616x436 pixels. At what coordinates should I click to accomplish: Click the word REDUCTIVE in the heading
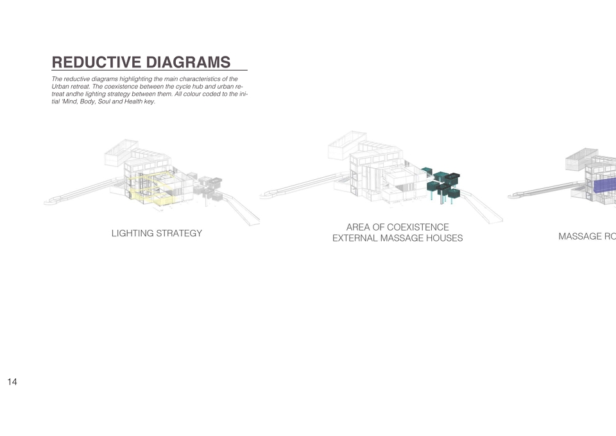coord(97,62)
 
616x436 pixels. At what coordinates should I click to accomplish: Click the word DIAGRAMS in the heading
coord(188,62)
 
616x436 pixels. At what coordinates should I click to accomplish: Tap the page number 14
coord(12,382)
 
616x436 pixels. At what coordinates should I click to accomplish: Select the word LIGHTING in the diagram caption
coord(132,233)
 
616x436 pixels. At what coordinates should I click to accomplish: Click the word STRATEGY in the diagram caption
coord(179,233)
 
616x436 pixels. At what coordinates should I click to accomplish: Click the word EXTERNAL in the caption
coord(355,238)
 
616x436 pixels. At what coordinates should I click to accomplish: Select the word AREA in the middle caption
coord(358,227)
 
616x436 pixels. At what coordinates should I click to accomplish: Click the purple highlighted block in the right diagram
coord(605,186)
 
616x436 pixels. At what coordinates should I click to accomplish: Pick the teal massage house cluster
coord(442,184)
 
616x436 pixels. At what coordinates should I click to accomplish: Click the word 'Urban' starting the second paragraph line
coord(59,87)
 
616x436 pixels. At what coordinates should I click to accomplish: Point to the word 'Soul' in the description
coord(104,101)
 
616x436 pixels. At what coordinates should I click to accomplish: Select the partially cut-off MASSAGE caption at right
coord(587,236)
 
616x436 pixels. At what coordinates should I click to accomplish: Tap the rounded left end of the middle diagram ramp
coord(266,194)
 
